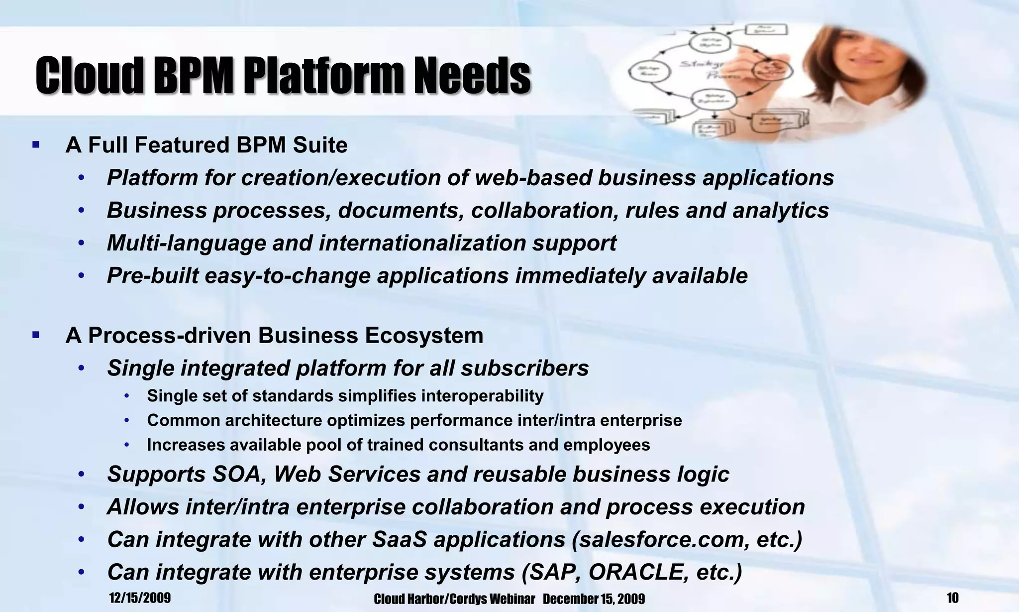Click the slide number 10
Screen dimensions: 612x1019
[x=952, y=598]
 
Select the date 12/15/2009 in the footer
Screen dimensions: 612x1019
[x=140, y=598]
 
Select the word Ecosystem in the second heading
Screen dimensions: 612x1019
[x=424, y=336]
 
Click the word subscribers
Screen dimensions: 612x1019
[x=524, y=368]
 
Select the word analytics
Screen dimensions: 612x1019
[x=781, y=210]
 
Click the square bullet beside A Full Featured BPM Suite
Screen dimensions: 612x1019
[x=35, y=145]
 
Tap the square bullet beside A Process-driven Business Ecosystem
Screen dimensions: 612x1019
[x=35, y=335]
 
